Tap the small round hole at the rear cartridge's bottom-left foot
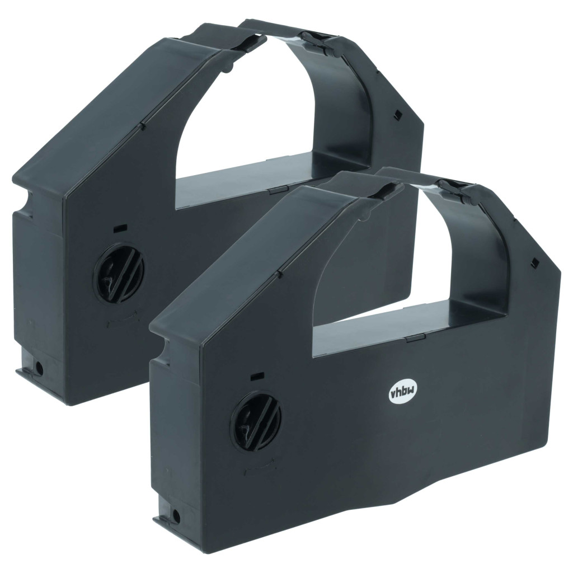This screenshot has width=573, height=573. coord(39,369)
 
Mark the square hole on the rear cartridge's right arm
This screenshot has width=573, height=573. coord(397,115)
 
